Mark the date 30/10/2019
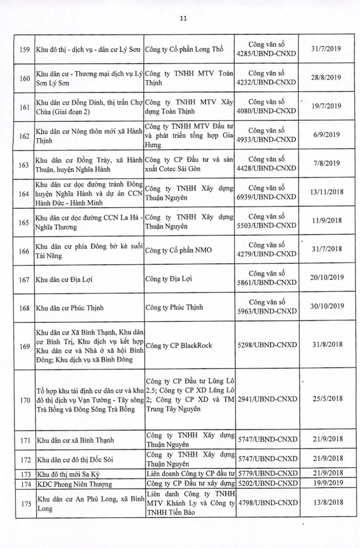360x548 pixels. [x=326, y=307]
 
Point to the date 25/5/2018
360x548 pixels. [x=326, y=396]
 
